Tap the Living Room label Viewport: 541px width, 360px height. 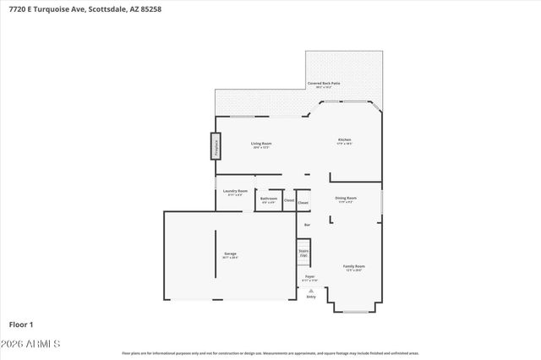pos(260,144)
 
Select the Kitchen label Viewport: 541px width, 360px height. pos(344,140)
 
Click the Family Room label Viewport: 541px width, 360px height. pos(354,267)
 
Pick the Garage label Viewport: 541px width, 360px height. pos(230,254)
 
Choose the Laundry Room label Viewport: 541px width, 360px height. pos(235,192)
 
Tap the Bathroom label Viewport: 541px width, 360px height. pos(268,200)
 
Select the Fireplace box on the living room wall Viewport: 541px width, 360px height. pos(216,146)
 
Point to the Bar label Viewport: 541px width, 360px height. pos(307,225)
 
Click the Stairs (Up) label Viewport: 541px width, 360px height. pos(303,252)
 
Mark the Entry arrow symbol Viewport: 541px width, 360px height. pos(310,290)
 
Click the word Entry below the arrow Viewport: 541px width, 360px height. pos(310,297)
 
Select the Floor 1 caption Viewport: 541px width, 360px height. pos(21,324)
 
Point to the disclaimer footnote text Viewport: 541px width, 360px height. pos(270,353)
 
